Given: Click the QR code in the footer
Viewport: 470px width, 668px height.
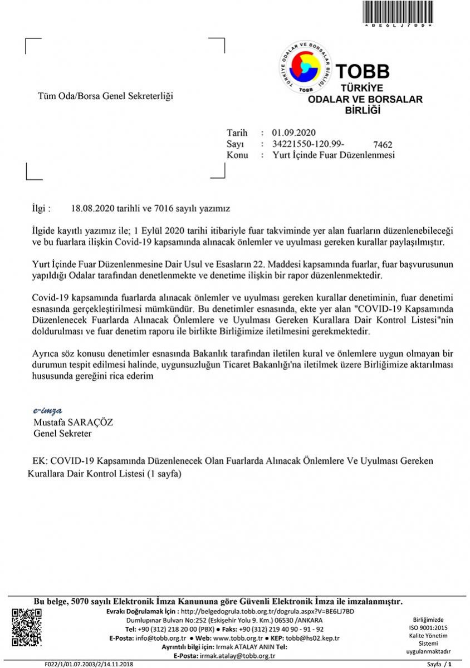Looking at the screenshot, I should pyautogui.click(x=27, y=627).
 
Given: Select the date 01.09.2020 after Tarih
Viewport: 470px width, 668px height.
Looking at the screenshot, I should pyautogui.click(x=294, y=132).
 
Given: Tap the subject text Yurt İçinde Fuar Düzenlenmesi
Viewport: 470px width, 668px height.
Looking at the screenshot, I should pyautogui.click(x=334, y=155).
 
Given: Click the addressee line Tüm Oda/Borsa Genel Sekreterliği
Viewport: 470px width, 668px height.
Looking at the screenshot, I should pyautogui.click(x=105, y=96).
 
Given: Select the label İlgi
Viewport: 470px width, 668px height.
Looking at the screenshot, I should pyautogui.click(x=41, y=209).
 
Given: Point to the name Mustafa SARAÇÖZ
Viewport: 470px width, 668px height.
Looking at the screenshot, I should pyautogui.click(x=73, y=422).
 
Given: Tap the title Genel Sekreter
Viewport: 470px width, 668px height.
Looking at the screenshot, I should pyautogui.click(x=63, y=433).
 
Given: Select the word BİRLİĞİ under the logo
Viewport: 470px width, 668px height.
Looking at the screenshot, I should pyautogui.click(x=363, y=110).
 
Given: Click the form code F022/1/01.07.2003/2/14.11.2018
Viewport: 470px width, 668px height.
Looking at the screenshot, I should pyautogui.click(x=89, y=664).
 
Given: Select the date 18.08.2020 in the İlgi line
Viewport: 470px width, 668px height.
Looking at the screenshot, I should pyautogui.click(x=92, y=209).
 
